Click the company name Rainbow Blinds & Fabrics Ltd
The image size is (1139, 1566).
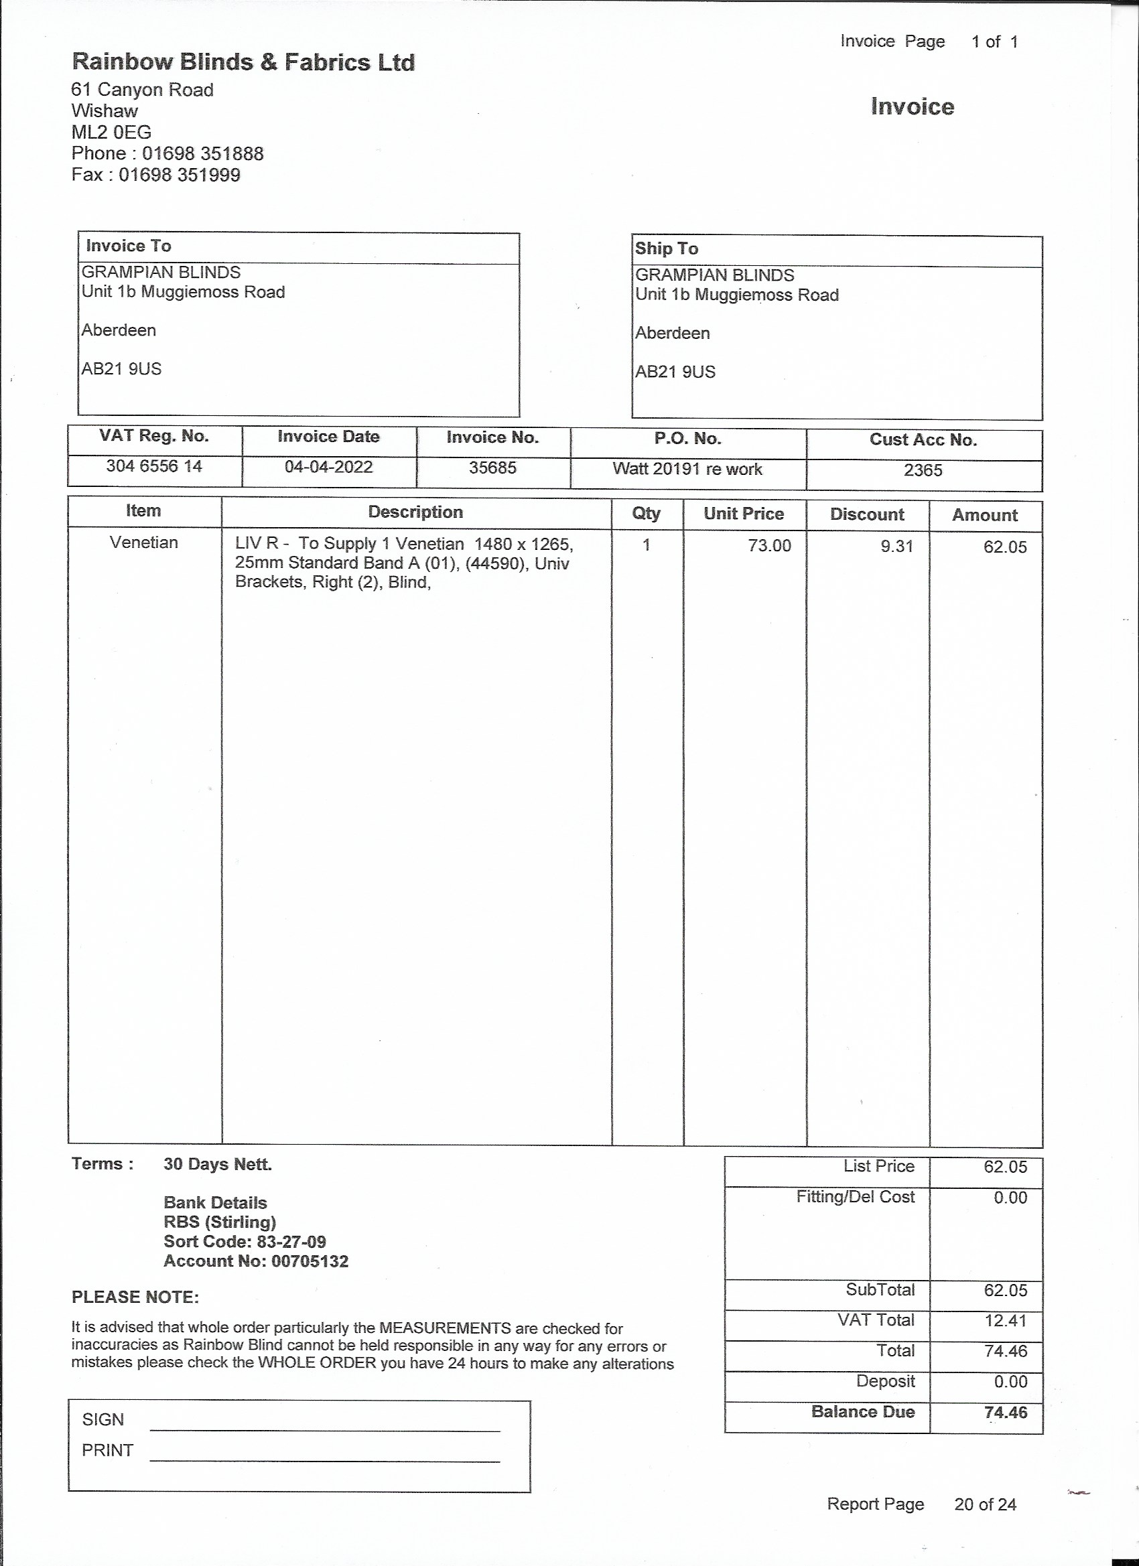click(x=243, y=63)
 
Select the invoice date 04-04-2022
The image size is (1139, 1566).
click(x=329, y=468)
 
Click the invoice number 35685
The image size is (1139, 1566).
click(x=492, y=468)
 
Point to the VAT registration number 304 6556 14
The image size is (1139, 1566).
click(x=154, y=467)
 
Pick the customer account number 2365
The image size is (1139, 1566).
click(x=923, y=471)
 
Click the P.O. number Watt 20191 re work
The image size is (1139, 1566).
click(x=687, y=470)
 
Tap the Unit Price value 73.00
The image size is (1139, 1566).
click(x=769, y=546)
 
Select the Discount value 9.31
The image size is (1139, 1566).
click(x=896, y=547)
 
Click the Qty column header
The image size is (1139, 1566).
click(x=647, y=514)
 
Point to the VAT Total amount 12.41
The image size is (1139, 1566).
click(x=1006, y=1321)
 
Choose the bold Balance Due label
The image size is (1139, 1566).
click(x=863, y=1412)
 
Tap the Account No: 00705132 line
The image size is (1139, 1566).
click(x=255, y=1261)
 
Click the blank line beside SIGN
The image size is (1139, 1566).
click(x=325, y=1430)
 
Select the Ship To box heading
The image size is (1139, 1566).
click(x=667, y=248)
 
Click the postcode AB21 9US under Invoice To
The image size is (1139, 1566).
click(x=121, y=370)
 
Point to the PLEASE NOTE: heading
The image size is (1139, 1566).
click(x=135, y=1297)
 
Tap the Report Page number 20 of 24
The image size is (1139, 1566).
click(x=985, y=1504)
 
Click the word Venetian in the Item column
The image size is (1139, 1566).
click(x=143, y=543)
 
